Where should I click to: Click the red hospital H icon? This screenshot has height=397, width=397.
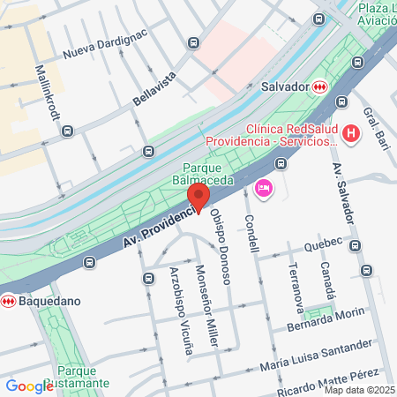coord(351,134)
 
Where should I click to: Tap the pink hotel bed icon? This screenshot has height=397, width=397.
coord(263,188)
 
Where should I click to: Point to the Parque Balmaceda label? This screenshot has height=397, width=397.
coord(207,174)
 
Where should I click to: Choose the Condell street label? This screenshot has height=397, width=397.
coord(251,233)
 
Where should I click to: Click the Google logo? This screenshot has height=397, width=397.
coord(28,386)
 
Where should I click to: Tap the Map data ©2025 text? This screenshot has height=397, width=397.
coord(359,390)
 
